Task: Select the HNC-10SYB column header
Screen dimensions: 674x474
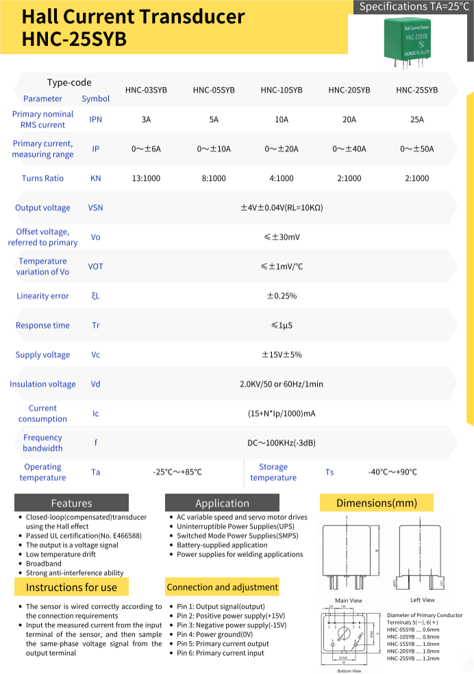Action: pyautogui.click(x=282, y=90)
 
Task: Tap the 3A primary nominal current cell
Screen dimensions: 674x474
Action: pyautogui.click(x=146, y=119)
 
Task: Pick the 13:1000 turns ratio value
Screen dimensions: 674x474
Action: pyautogui.click(x=146, y=178)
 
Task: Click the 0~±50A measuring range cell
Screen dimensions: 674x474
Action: pyautogui.click(x=417, y=149)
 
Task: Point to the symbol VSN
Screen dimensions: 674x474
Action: pyautogui.click(x=96, y=208)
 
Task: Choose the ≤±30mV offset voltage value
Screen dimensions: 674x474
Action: pyautogui.click(x=282, y=237)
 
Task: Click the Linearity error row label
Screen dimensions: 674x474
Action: pyautogui.click(x=42, y=296)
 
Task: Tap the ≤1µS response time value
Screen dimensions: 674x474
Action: pyautogui.click(x=282, y=325)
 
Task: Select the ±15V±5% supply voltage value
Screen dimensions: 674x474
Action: pyautogui.click(x=282, y=355)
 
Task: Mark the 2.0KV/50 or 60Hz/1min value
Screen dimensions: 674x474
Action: pyautogui.click(x=282, y=384)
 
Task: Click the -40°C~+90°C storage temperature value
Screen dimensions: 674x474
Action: pyautogui.click(x=392, y=472)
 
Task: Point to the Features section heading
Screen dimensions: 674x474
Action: pyautogui.click(x=71, y=503)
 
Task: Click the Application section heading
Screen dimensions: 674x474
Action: pyautogui.click(x=222, y=503)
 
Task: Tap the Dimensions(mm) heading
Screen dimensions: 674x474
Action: pyautogui.click(x=376, y=503)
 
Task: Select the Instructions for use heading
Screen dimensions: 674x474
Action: pyautogui.click(x=71, y=587)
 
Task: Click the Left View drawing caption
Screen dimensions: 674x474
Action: pyautogui.click(x=423, y=600)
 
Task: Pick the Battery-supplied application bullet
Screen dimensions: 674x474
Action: pyautogui.click(x=222, y=545)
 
